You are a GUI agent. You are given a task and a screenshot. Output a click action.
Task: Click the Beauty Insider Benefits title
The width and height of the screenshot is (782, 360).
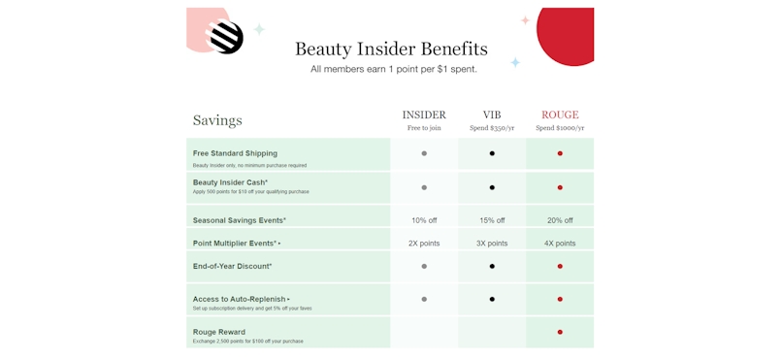pyautogui.click(x=391, y=49)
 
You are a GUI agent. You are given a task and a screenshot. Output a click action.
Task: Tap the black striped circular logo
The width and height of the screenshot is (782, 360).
pyautogui.click(x=226, y=38)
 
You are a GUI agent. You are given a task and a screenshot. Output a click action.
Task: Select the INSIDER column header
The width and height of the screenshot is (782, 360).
pyautogui.click(x=424, y=115)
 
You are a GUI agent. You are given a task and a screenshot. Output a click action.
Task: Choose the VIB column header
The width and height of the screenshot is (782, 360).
pyautogui.click(x=492, y=115)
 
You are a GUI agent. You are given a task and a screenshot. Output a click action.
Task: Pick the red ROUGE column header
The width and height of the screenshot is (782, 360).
pyautogui.click(x=560, y=115)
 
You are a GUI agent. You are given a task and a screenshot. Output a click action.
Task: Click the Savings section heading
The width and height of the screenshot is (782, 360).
pyautogui.click(x=217, y=120)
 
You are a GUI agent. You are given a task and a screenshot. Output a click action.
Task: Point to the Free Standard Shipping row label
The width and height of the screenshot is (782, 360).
pyautogui.click(x=235, y=153)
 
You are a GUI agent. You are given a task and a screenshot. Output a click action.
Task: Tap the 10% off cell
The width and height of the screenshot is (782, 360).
pyautogui.click(x=424, y=220)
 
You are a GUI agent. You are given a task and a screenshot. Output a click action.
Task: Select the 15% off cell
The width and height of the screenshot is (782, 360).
pyautogui.click(x=492, y=220)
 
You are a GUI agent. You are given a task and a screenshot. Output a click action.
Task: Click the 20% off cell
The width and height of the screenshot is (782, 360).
pyautogui.click(x=560, y=220)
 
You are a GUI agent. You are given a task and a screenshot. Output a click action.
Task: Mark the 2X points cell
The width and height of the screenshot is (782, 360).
pyautogui.click(x=424, y=244)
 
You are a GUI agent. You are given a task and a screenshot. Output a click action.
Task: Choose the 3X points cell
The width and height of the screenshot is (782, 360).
pyautogui.click(x=492, y=244)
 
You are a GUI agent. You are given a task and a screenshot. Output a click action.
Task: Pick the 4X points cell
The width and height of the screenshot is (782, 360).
pyautogui.click(x=560, y=244)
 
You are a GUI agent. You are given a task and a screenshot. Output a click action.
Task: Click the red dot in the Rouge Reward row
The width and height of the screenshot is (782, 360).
pyautogui.click(x=560, y=332)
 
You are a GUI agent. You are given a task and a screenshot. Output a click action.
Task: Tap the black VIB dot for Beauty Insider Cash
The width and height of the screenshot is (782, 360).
pyautogui.click(x=492, y=187)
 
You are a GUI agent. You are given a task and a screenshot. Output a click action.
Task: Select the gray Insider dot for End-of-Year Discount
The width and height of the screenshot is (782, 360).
pyautogui.click(x=424, y=266)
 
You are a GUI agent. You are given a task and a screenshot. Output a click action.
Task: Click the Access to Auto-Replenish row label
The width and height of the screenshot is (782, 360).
pyautogui.click(x=240, y=299)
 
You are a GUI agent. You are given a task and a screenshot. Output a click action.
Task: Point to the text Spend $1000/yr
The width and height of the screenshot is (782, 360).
pyautogui.click(x=560, y=128)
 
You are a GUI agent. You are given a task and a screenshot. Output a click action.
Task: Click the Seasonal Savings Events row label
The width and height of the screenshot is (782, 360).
pyautogui.click(x=239, y=220)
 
